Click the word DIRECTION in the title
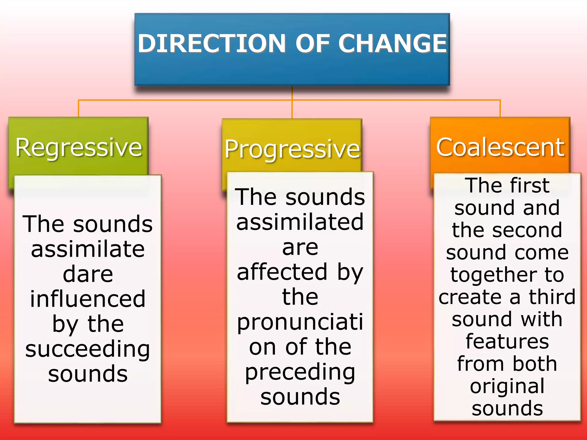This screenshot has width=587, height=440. [x=212, y=44]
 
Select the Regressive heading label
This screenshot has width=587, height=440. [x=79, y=148]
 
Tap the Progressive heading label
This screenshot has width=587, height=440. [x=292, y=149]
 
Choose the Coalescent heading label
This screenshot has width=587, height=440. [x=500, y=148]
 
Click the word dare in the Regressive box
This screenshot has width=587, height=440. [x=88, y=274]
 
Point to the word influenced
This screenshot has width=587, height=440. [x=88, y=299]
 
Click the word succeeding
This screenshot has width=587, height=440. [x=88, y=349]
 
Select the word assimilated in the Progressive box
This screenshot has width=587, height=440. [x=300, y=222]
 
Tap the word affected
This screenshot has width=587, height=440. [x=282, y=272]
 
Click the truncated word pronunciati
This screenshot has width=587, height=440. [x=300, y=322]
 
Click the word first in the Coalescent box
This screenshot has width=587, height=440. [x=530, y=186]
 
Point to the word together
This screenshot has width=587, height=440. [x=494, y=275]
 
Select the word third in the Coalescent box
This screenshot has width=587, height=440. [x=552, y=297]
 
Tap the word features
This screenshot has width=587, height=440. [x=507, y=341]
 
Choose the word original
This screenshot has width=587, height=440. [x=507, y=387]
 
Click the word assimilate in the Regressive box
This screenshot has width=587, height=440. [x=88, y=249]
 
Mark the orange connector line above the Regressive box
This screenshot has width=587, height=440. [x=79, y=108]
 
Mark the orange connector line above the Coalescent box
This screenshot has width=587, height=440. [x=500, y=108]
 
